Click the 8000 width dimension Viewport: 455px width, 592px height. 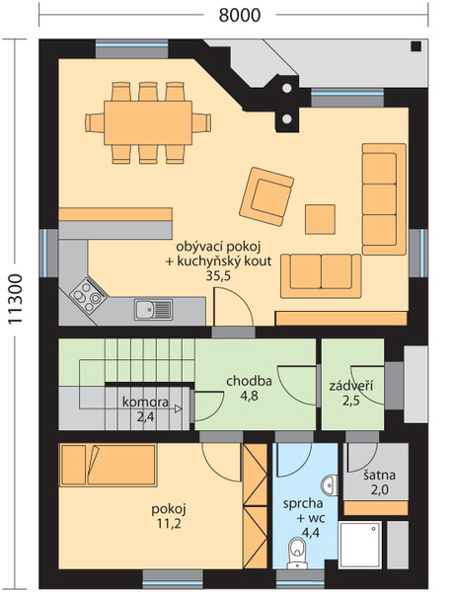[x=240, y=15]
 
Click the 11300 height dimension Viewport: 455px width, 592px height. [x=16, y=299]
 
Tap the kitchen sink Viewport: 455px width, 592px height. [x=154, y=309]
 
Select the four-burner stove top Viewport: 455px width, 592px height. [x=88, y=294]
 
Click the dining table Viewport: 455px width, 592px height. [x=148, y=122]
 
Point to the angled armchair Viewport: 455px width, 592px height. [x=266, y=196]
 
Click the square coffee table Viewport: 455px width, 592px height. [x=320, y=219]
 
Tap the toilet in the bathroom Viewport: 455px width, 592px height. [x=297, y=553]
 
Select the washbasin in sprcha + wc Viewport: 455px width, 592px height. [x=330, y=484]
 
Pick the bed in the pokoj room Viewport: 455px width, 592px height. [x=108, y=465]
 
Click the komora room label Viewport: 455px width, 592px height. [x=145, y=402]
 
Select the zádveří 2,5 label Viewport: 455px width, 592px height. [x=351, y=393]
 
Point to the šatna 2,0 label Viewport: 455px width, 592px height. [x=379, y=482]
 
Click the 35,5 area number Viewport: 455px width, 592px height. [x=218, y=276]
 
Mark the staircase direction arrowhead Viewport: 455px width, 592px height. [x=178, y=408]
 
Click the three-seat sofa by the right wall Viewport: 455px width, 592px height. [x=384, y=199]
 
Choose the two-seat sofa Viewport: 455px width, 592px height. [x=321, y=276]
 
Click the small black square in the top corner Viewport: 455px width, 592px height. [x=417, y=46]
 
